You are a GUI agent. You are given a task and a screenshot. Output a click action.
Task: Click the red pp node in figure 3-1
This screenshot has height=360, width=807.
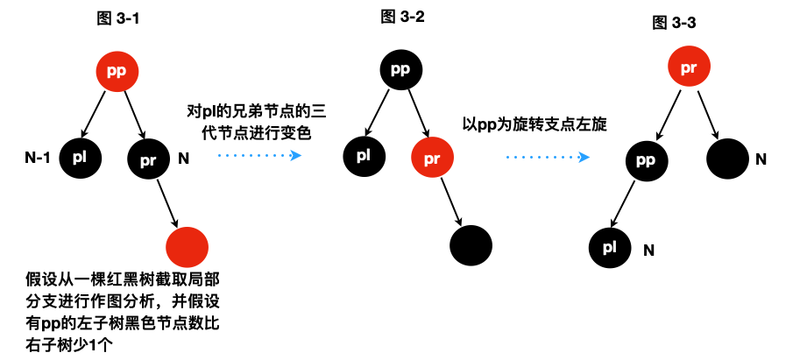(x=117, y=73)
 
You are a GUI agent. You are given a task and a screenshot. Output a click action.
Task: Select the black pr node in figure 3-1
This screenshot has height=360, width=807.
(x=149, y=159)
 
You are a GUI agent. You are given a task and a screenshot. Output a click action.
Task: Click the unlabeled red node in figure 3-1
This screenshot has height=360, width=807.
(x=186, y=247)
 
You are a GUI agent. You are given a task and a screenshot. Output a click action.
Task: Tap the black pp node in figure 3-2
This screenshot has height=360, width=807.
(x=400, y=68)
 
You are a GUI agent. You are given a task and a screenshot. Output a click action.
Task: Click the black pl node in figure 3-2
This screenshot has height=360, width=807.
(x=364, y=157)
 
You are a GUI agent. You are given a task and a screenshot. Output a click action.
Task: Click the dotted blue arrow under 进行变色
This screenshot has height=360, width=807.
(x=258, y=155)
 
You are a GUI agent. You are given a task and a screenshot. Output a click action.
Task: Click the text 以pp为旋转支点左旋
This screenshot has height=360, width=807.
(x=535, y=124)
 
